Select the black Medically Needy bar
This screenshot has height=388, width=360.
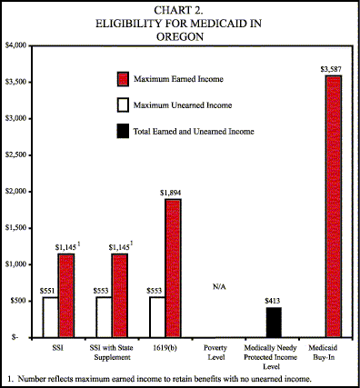[274, 322]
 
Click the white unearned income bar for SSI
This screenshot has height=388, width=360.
[50, 316]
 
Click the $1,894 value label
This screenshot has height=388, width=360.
[172, 192]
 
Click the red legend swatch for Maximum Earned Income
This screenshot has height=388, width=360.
[125, 78]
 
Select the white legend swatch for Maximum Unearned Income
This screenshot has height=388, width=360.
[125, 104]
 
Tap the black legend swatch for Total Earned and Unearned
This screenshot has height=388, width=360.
[125, 132]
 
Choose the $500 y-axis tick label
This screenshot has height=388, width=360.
[20, 300]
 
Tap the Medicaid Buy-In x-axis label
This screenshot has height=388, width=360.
[326, 351]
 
